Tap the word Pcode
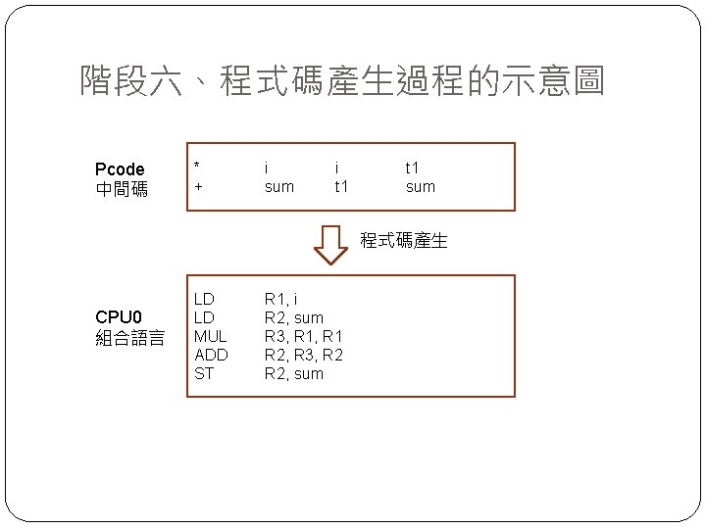120,169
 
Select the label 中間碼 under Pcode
122,189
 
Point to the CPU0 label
119,317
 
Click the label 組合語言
130,339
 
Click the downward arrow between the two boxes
331,245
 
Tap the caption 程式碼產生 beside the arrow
404,240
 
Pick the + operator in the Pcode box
198,186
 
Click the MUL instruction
211,336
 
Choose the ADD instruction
211,355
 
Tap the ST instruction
204,373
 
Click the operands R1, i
281,299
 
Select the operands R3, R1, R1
303,336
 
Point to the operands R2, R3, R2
303,355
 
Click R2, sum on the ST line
293,373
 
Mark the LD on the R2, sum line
204,317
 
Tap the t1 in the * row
413,168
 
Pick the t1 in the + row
341,186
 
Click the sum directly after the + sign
278,186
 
